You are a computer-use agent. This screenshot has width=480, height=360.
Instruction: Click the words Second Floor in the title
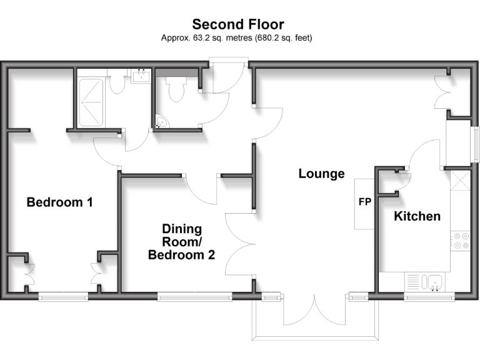237,24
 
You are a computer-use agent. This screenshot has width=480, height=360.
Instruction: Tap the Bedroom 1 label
59,202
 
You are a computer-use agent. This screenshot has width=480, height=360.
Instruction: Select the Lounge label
321,174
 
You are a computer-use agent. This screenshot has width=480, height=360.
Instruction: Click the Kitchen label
417,216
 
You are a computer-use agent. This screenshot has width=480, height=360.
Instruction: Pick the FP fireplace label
364,202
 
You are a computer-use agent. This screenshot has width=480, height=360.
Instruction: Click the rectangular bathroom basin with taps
142,77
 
